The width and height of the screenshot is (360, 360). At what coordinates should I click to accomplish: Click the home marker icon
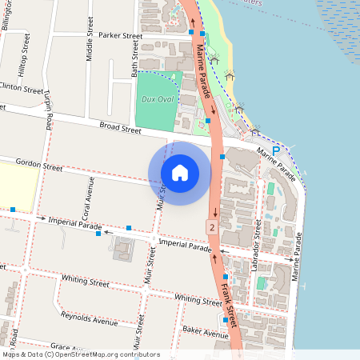(x=180, y=172)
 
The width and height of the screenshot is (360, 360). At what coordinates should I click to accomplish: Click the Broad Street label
(x=120, y=127)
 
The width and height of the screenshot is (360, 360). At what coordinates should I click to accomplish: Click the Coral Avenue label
(x=89, y=193)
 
